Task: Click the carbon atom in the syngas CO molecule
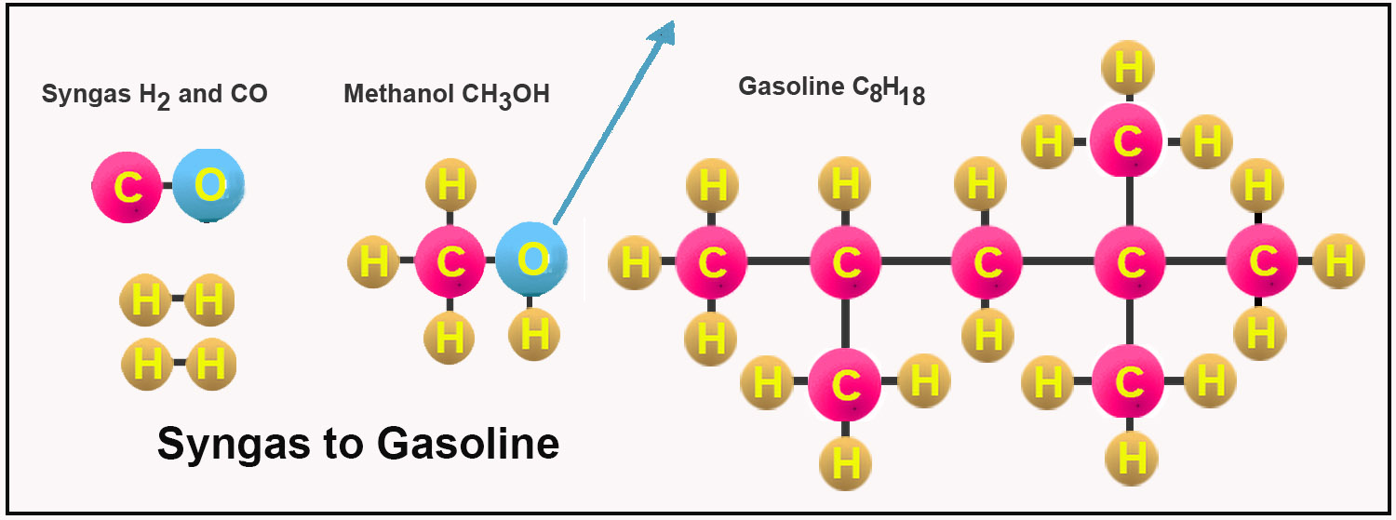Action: point(127,188)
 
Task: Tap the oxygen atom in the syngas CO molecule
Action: point(209,186)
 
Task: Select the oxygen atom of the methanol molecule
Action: point(531,260)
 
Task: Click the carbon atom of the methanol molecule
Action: point(450,261)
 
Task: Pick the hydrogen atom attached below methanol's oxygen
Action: point(534,334)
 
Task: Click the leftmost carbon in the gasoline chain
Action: point(712,262)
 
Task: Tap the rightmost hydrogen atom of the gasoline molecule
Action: point(1338,261)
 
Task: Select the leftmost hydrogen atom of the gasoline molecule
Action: point(635,262)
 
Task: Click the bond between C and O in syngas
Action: point(168,188)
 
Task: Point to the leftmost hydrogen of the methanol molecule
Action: point(373,261)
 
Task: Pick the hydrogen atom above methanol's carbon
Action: point(450,186)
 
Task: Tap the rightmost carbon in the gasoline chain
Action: point(1261,261)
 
